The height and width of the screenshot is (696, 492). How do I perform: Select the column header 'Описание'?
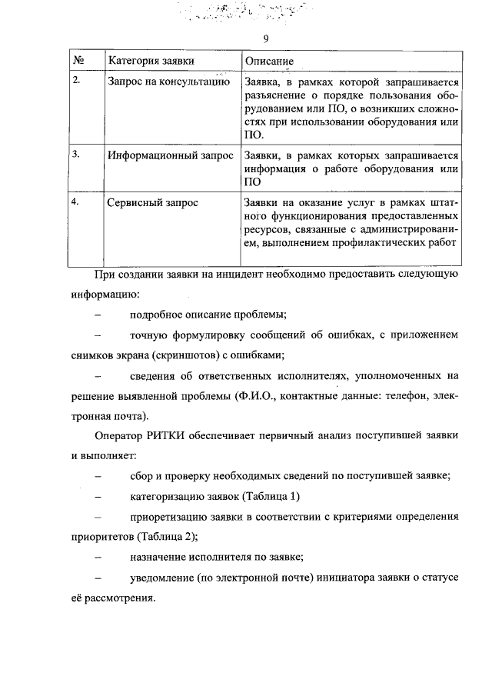click(x=269, y=61)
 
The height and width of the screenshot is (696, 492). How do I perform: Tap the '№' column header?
click(x=78, y=60)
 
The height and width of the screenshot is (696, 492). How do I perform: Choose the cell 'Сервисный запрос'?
click(x=152, y=203)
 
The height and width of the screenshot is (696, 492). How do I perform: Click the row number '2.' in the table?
click(x=76, y=80)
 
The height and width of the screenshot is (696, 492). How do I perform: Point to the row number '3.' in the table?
click(x=76, y=154)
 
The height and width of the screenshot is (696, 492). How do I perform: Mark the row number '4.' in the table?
click(x=76, y=201)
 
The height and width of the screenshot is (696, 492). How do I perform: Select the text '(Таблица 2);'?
click(x=168, y=536)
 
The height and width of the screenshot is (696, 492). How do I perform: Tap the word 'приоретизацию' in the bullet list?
click(x=168, y=516)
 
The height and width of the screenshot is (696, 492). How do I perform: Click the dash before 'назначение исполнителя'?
click(x=98, y=557)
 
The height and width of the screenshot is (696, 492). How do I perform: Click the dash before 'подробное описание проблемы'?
click(x=98, y=315)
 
